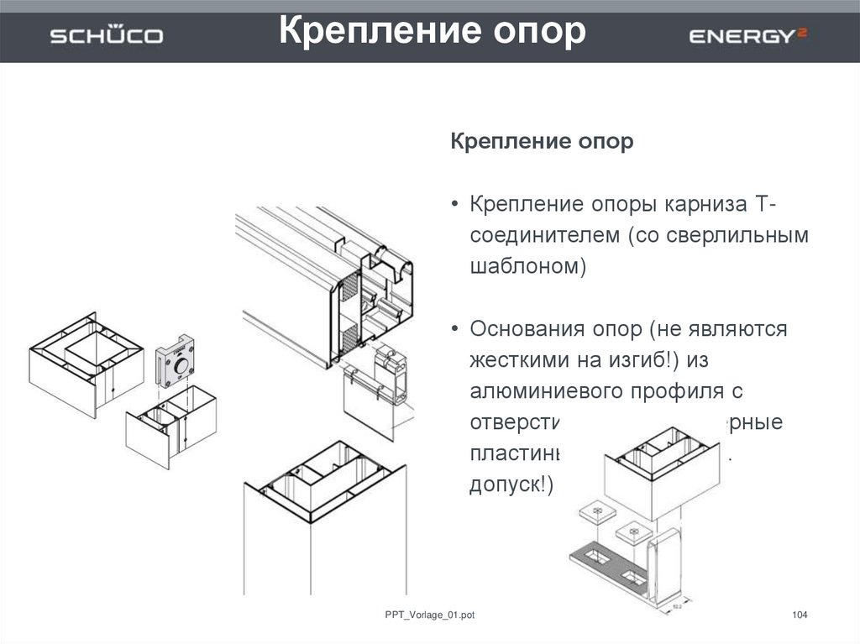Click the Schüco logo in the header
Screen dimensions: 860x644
pyautogui.click(x=107, y=36)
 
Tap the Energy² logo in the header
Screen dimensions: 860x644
pyautogui.click(x=748, y=35)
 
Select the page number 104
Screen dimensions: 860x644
pyautogui.click(x=800, y=616)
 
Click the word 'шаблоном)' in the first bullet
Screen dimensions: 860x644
pyautogui.click(x=526, y=267)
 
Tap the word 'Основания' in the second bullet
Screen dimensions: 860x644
pyautogui.click(x=533, y=328)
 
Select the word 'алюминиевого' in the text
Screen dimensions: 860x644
pyautogui.click(x=547, y=390)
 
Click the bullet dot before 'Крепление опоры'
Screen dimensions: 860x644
pyautogui.click(x=454, y=206)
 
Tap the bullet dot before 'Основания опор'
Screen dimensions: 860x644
pyautogui.click(x=454, y=329)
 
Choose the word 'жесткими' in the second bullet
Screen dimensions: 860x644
pyautogui.click(x=518, y=359)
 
